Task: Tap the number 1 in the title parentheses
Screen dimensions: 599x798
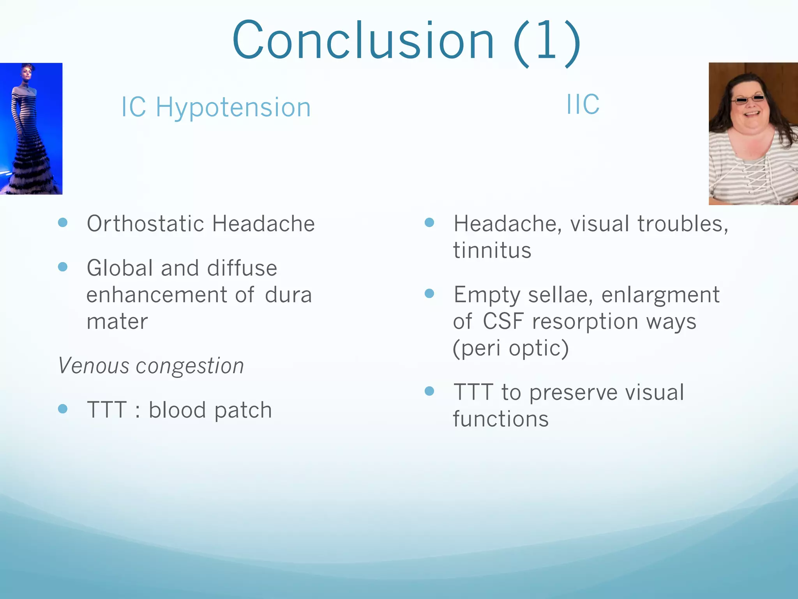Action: [x=546, y=41]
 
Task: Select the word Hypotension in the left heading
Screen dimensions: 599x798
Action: [x=233, y=107]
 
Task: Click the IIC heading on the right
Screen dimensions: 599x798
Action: [x=583, y=105]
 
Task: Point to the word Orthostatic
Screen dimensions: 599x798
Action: [x=145, y=224]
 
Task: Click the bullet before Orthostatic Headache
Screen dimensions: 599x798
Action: [x=63, y=223]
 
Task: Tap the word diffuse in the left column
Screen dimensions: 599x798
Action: [x=242, y=268]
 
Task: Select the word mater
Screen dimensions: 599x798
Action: [x=117, y=322]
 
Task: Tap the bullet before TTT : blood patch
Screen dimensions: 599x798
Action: [x=63, y=409]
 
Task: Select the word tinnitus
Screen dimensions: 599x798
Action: [x=492, y=250]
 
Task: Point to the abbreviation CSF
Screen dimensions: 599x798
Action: [x=503, y=322]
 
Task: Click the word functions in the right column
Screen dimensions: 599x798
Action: [x=501, y=419]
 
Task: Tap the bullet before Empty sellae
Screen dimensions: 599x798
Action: [x=429, y=293]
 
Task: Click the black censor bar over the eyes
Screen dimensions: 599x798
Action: [x=749, y=99]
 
